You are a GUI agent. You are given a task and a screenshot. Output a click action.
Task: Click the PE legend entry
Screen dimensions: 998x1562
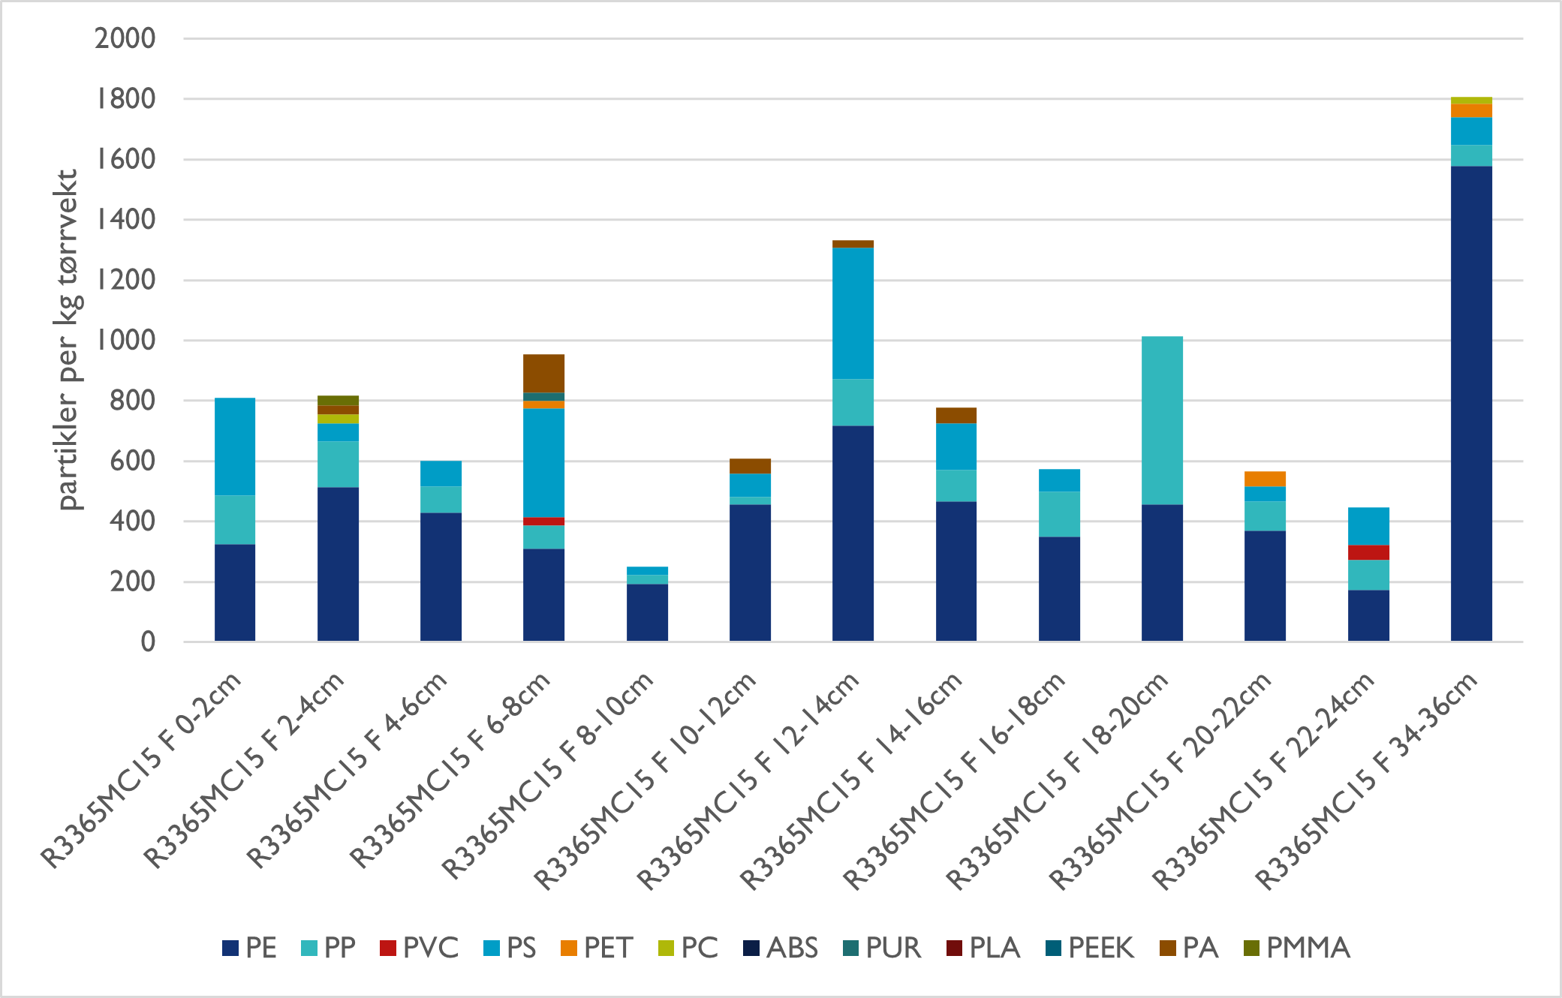(250, 948)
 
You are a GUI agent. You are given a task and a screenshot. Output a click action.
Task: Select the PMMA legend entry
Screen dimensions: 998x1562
(1298, 948)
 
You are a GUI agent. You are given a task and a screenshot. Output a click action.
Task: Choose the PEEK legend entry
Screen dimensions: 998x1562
(1090, 948)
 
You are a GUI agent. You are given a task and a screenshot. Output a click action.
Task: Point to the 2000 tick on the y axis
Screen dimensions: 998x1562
(125, 38)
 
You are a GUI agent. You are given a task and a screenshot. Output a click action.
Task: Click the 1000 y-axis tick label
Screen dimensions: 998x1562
(125, 340)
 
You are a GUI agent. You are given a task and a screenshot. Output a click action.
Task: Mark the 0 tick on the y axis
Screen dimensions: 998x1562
(148, 642)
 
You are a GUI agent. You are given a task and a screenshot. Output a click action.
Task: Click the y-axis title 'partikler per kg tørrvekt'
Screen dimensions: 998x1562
(68, 340)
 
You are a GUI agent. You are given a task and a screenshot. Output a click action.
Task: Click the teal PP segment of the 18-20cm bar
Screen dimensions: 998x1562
(1162, 420)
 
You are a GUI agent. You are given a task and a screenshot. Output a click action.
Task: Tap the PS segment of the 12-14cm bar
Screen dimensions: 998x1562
(853, 313)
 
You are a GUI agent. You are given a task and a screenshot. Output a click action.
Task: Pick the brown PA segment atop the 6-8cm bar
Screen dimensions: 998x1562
(543, 373)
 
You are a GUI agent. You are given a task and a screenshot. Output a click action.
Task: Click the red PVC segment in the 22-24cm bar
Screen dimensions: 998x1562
(1368, 552)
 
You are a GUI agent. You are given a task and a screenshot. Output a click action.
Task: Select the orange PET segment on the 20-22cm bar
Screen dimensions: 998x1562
(1265, 479)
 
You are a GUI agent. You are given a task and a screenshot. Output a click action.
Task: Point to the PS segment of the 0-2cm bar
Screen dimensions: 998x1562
(235, 446)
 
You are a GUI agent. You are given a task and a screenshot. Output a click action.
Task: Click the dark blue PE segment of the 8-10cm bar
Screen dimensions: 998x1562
(647, 612)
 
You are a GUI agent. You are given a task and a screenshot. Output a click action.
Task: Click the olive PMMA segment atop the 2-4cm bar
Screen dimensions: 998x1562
(338, 400)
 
